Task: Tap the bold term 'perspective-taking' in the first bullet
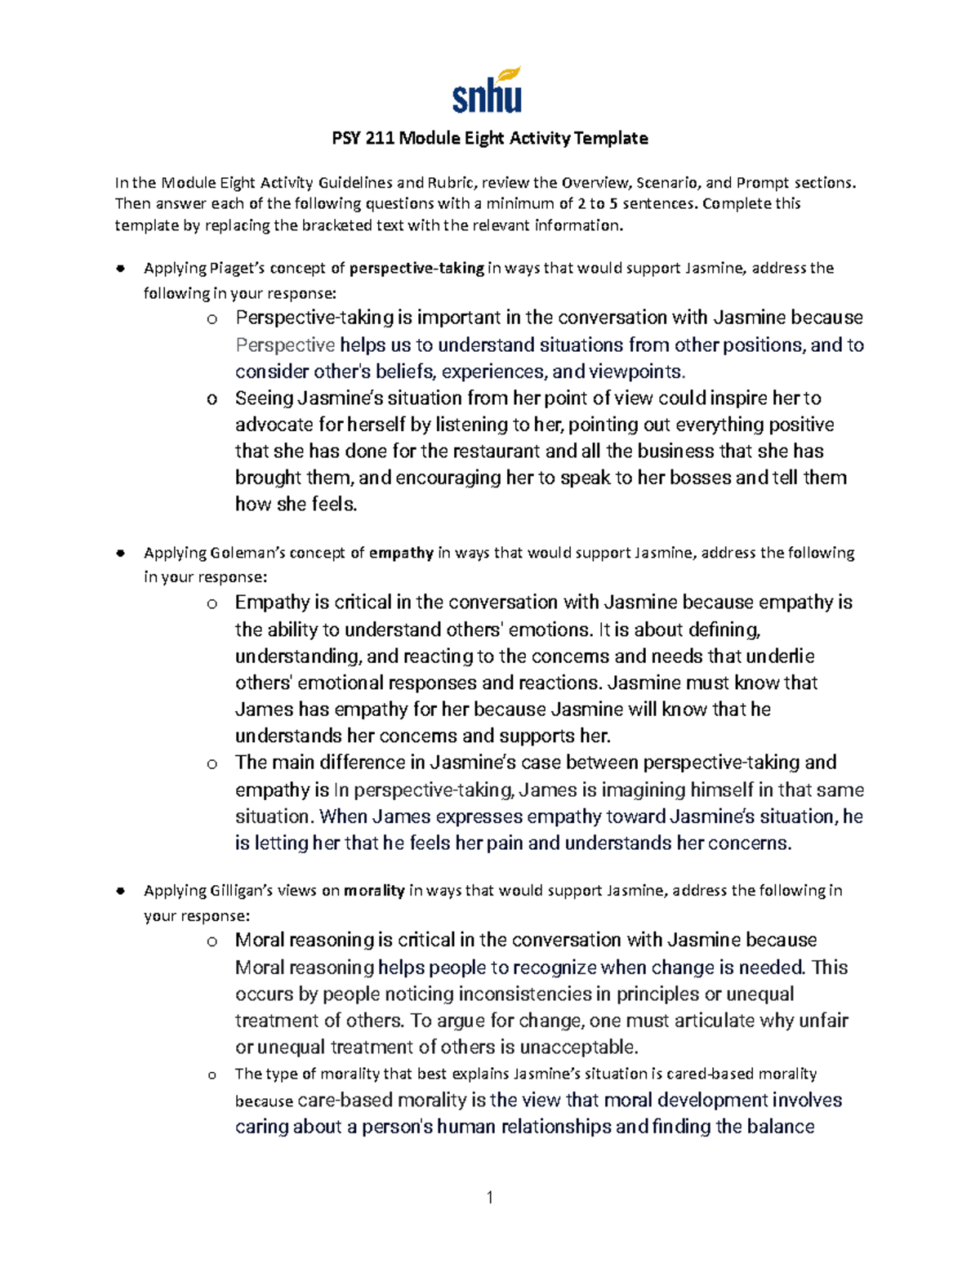[416, 268]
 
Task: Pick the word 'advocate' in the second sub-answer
[274, 425]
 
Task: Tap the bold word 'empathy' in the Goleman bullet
[401, 553]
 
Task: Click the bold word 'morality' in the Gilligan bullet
[374, 890]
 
